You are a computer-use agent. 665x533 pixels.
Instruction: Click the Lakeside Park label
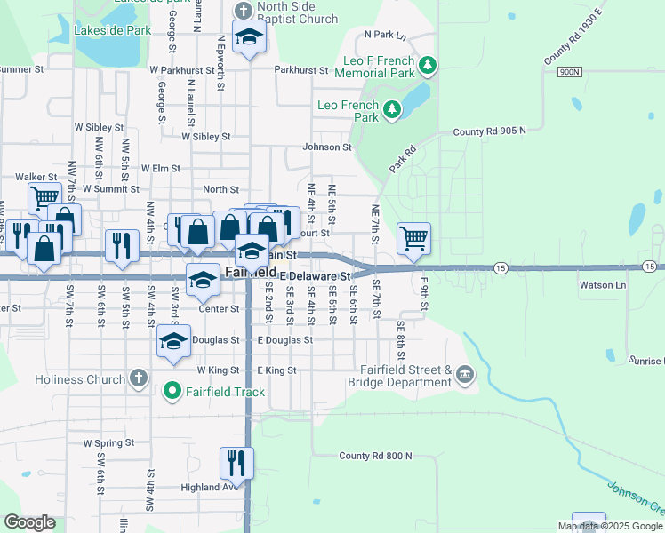point(113,30)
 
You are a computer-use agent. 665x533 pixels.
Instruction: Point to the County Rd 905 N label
point(489,131)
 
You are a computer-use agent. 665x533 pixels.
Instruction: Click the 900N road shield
point(570,71)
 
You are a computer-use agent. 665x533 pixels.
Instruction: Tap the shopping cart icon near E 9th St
point(413,237)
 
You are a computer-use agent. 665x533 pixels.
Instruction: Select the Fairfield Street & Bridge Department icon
point(464,376)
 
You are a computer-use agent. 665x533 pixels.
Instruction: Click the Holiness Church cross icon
point(138,379)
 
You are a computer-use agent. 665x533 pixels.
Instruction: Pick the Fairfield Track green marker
point(172,390)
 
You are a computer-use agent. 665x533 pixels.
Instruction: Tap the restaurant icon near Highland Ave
point(236,462)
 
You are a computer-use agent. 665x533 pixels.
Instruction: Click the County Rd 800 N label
point(375,456)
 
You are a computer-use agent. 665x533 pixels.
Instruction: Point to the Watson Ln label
point(603,285)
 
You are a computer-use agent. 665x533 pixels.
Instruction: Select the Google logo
point(29,522)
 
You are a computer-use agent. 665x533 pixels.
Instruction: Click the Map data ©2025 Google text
point(610,526)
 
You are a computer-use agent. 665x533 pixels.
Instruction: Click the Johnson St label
point(327,147)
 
